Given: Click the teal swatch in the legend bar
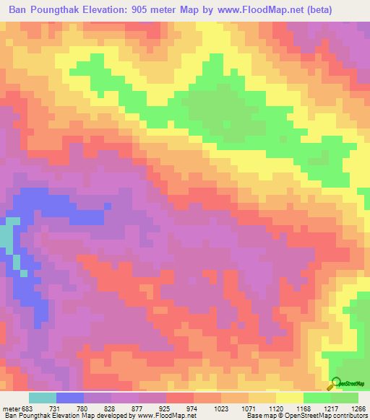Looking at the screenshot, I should coord(43,398).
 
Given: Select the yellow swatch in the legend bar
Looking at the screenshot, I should coord(289,398).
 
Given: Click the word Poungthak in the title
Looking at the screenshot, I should coord(73,10).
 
